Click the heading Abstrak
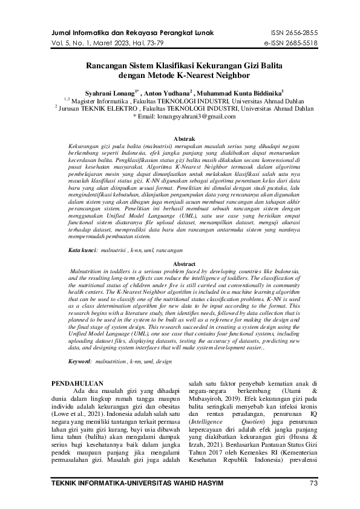click(184, 139)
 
